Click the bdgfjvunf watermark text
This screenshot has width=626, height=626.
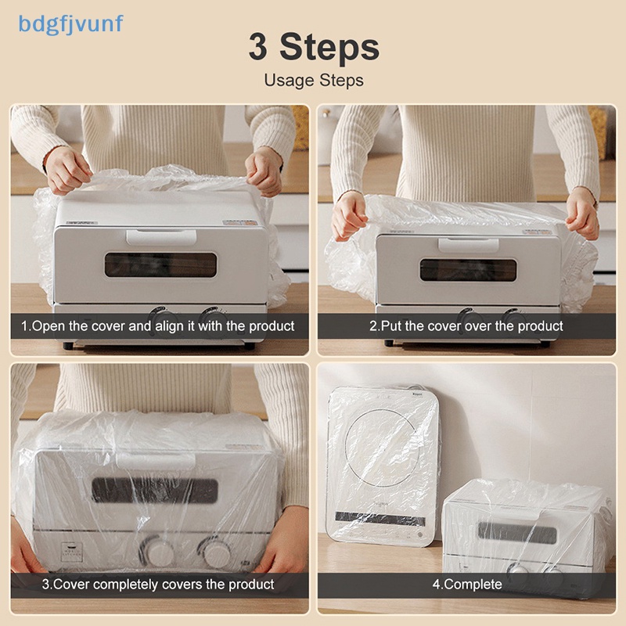[x=70, y=25]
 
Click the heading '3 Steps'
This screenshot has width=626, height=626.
[x=314, y=47]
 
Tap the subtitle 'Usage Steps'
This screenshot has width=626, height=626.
[x=314, y=81]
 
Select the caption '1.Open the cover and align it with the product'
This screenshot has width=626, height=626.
[x=158, y=326]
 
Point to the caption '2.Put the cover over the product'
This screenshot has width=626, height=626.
[x=466, y=326]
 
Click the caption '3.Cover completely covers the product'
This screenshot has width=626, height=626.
[x=158, y=585]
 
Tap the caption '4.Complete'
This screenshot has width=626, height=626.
[x=467, y=585]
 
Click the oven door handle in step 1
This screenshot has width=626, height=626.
[x=161, y=237]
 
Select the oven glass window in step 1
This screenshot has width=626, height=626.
[x=161, y=264]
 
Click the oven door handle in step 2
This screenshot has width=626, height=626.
[x=468, y=245]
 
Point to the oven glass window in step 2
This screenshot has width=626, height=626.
[x=468, y=270]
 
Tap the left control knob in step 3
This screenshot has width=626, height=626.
[x=157, y=552]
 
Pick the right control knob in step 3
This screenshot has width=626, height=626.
[x=216, y=553]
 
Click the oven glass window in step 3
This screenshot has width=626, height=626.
[x=155, y=491]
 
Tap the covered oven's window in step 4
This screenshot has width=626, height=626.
[x=517, y=533]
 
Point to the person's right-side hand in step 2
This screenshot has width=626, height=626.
[x=582, y=214]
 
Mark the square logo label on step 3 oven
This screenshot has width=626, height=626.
[x=72, y=552]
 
